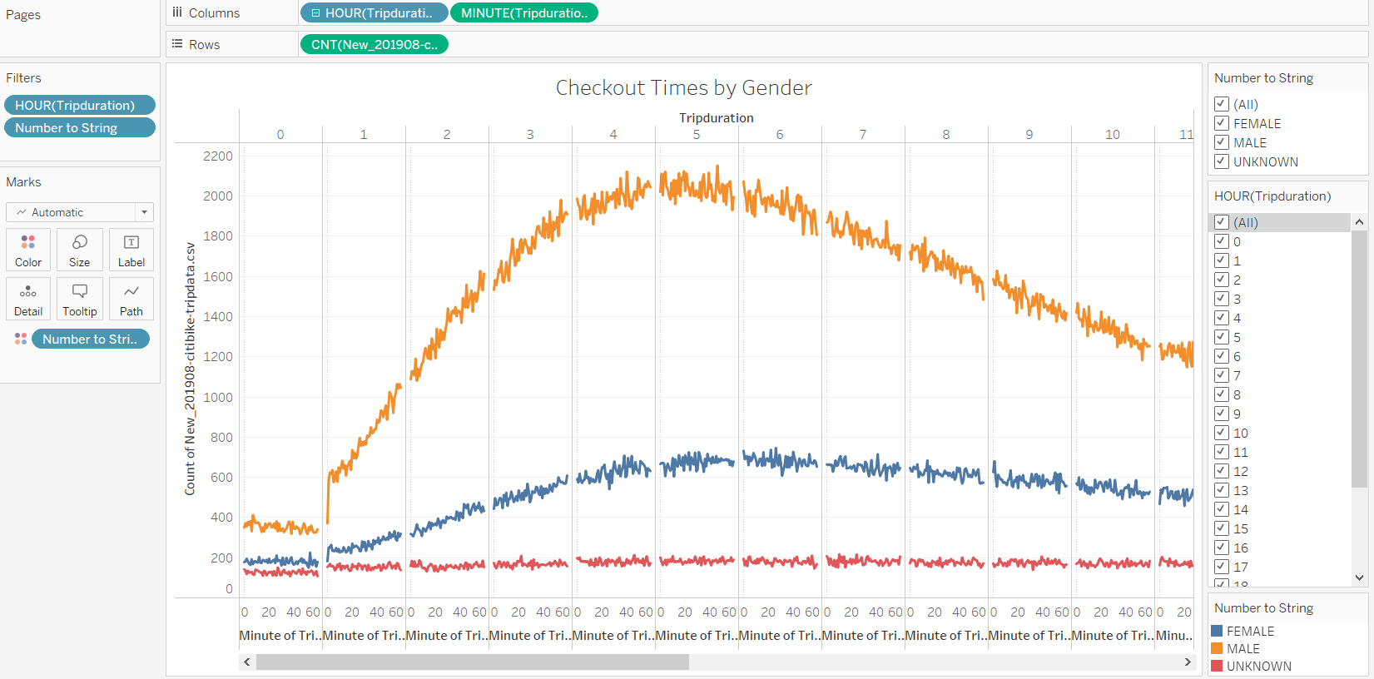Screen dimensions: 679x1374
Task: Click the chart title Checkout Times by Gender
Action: coord(683,87)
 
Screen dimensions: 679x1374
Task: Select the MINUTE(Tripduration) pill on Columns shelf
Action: coord(523,13)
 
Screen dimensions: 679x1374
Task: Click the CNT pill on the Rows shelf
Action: coord(374,44)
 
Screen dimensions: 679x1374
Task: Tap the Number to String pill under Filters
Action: coord(79,127)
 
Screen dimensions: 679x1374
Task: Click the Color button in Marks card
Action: coord(28,250)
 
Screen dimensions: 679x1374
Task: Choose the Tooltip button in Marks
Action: coord(80,299)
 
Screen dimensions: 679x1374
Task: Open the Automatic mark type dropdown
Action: coord(80,212)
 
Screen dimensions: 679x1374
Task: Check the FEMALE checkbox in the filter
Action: coord(1222,123)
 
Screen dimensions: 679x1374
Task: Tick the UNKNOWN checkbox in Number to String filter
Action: coord(1222,161)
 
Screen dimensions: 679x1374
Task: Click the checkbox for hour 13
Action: coord(1222,490)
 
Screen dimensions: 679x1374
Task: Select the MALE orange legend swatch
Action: coord(1217,648)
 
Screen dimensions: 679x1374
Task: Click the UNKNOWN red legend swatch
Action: coord(1217,666)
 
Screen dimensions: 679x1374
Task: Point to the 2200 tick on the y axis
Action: coord(218,156)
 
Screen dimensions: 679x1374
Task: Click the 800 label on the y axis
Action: coord(221,437)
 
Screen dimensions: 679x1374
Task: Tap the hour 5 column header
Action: coord(697,134)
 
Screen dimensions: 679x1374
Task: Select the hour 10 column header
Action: coord(1113,134)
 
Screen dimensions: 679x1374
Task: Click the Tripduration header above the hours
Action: coord(716,117)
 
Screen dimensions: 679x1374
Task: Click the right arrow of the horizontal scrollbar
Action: coord(1188,662)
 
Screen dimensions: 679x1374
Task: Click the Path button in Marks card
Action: coord(131,299)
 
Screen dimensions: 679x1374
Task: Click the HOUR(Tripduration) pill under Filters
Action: coord(79,105)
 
